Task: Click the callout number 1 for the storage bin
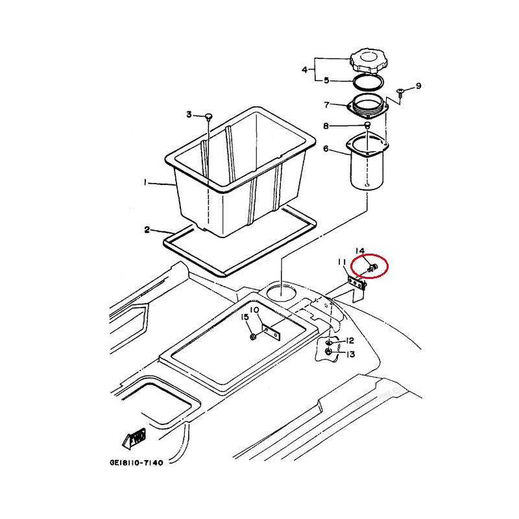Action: pos(145,182)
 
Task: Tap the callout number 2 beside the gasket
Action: pos(147,230)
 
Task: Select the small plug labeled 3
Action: pos(208,116)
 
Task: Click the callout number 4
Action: pos(305,70)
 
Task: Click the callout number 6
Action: pos(326,149)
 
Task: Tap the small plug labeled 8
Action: pos(367,125)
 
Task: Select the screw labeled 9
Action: pos(400,91)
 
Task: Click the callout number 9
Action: pos(418,86)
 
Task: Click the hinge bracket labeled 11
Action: pos(356,284)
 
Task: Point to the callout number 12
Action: pos(350,341)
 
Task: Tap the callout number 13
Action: pos(350,354)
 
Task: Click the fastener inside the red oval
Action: pos(372,267)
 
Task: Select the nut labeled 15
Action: pos(253,337)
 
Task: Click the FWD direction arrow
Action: pos(134,439)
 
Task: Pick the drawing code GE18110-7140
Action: pos(136,463)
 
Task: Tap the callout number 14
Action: pos(360,250)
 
